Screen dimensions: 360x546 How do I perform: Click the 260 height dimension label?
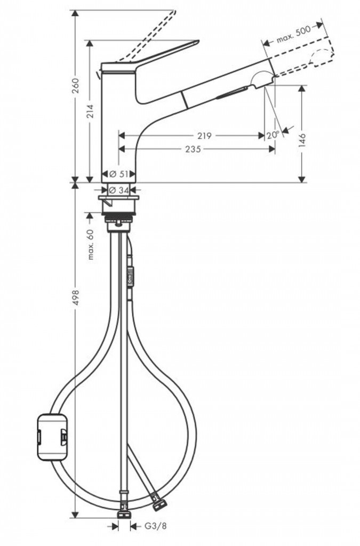click(x=75, y=86)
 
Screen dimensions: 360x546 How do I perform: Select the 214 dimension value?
click(x=90, y=111)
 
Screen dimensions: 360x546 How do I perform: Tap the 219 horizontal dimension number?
click(x=204, y=135)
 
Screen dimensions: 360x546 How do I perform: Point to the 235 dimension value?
click(x=193, y=149)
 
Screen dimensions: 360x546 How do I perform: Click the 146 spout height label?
click(x=302, y=140)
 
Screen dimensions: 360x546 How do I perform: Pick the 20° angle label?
click(x=273, y=134)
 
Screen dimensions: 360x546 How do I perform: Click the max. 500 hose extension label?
click(x=293, y=35)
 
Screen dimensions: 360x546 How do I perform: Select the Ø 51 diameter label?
click(x=119, y=174)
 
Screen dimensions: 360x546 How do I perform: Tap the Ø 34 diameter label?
click(x=119, y=190)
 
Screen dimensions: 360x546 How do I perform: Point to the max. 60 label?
click(x=91, y=244)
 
